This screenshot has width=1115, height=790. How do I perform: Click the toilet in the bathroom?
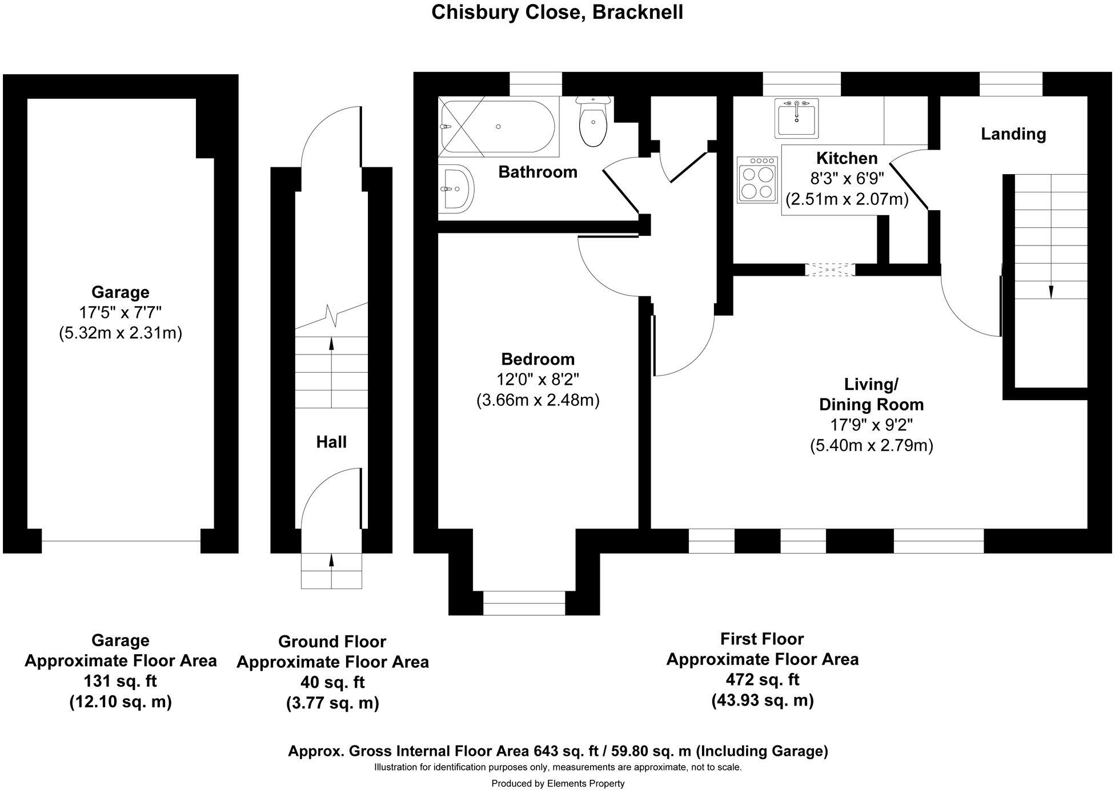coord(593,123)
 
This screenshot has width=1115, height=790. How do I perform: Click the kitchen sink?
coord(796,118)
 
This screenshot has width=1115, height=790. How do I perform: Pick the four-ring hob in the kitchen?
coord(757,179)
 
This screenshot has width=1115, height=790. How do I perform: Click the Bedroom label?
coord(538,359)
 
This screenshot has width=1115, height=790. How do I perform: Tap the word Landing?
coord(1013,134)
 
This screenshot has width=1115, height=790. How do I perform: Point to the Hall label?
coord(331,442)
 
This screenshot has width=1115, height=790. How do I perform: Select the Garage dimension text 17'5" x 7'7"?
coord(120,312)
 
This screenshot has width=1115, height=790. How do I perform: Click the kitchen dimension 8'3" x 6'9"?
coord(847,179)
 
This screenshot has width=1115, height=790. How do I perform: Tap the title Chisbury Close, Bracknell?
coord(557,13)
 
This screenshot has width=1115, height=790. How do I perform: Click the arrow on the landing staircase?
coord(1050,291)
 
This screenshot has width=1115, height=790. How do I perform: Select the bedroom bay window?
coord(524,603)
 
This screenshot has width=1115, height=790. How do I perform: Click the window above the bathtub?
coord(535,84)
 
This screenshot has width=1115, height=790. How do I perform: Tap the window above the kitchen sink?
coord(801,84)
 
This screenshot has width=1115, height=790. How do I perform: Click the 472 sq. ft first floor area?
coord(762,679)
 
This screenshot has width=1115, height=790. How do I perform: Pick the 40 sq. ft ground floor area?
coord(332,682)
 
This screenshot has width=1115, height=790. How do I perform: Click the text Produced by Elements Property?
coord(557,784)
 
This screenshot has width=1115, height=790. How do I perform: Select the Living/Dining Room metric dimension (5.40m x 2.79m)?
coord(871,445)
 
